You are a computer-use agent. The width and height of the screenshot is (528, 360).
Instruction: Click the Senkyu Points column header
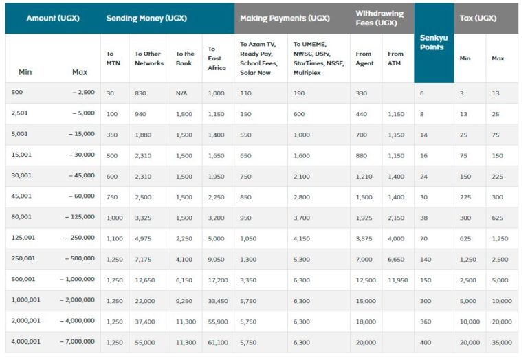[x=434, y=43]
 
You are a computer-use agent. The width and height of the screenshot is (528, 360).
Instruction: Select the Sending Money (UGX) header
[x=146, y=18]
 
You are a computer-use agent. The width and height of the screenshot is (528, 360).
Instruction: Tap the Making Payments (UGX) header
[x=285, y=18]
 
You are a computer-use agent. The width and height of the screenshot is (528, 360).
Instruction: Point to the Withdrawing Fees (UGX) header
[x=379, y=18]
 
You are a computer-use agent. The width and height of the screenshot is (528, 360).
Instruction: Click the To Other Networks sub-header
[x=149, y=58]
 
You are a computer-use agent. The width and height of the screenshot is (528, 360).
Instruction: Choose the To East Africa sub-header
[x=217, y=58]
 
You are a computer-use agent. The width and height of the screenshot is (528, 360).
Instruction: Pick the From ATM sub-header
[x=395, y=58]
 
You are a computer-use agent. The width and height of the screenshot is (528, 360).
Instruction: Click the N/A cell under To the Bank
[x=181, y=93]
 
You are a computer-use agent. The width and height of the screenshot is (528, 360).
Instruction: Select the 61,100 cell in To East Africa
[x=218, y=343]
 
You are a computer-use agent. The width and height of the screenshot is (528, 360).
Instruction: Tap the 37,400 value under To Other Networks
[x=145, y=322]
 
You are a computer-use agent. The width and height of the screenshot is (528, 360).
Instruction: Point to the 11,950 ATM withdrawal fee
[x=397, y=280]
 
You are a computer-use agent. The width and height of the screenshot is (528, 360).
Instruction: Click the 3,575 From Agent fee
[x=364, y=239]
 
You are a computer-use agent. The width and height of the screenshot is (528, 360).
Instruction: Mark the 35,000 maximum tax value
[x=502, y=343]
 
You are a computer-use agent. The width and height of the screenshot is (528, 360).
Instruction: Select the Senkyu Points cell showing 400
[x=426, y=343]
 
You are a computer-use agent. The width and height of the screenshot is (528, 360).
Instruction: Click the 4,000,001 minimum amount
[x=25, y=341]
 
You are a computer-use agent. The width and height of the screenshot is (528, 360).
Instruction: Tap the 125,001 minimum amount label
[x=23, y=238]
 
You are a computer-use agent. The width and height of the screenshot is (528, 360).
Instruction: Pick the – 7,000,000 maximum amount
[x=77, y=341]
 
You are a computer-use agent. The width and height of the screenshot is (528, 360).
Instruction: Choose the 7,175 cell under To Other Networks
[x=143, y=260]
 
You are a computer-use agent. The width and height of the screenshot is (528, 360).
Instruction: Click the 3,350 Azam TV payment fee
[x=248, y=280]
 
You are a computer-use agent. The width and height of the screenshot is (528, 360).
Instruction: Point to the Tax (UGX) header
[x=478, y=18]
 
